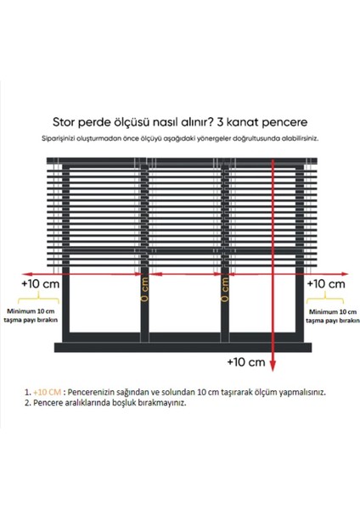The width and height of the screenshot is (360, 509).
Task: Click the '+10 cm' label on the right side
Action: [x=325, y=283]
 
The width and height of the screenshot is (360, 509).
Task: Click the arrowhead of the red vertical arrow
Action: [x=273, y=347]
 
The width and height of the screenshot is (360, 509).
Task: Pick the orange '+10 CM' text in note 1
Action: [x=48, y=393]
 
